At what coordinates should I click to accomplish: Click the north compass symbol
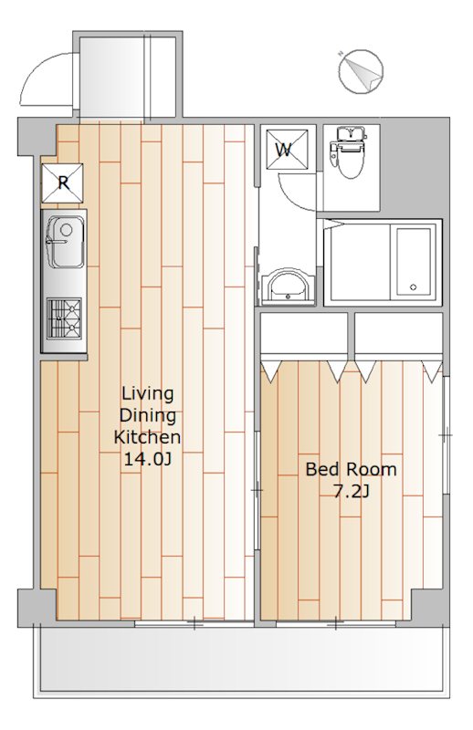pyautogui.click(x=362, y=70)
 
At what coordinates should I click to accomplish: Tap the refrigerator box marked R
pyautogui.click(x=62, y=183)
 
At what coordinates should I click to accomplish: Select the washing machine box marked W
pyautogui.click(x=287, y=150)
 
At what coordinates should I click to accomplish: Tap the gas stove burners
pyautogui.click(x=64, y=318)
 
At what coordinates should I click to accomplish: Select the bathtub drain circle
pyautogui.click(x=413, y=287)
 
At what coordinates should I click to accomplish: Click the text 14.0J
pyautogui.click(x=147, y=460)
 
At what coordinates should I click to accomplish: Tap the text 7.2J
pyautogui.click(x=351, y=491)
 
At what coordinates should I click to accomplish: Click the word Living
pyautogui.click(x=147, y=394)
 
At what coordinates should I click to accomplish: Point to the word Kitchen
pyautogui.click(x=147, y=437)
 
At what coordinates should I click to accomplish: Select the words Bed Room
pyautogui.click(x=351, y=469)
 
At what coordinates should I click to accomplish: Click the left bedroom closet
pyautogui.click(x=304, y=333)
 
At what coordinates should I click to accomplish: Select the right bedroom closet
pyautogui.click(x=398, y=333)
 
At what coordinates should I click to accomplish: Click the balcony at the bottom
pyautogui.click(x=241, y=661)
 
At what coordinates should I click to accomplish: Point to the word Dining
pyautogui.click(x=147, y=416)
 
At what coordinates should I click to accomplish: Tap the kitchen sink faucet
pyautogui.click(x=54, y=241)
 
